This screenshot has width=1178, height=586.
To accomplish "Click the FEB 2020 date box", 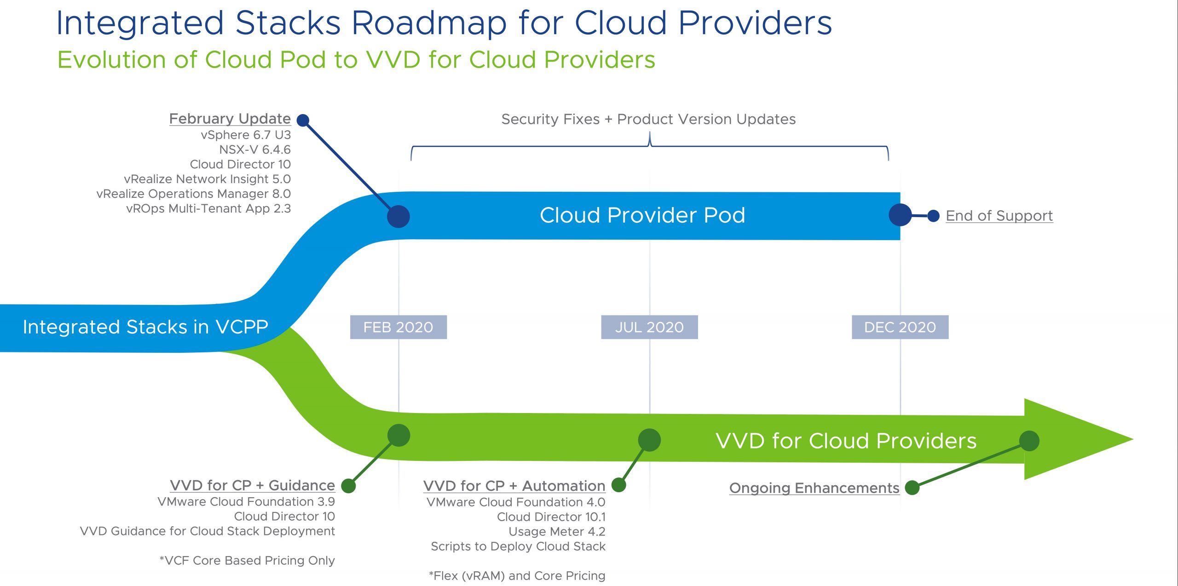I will pos(398,327).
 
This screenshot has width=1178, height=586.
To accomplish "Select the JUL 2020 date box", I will pos(649,327).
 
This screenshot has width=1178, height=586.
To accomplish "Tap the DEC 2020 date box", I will pos(900,327).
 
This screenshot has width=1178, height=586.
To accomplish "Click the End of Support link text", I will pos(999,216).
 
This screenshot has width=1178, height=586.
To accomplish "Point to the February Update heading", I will pos(230,119).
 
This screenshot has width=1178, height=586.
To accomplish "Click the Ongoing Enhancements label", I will pos(814,488).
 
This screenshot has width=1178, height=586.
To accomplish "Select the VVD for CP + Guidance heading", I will pos(252,486).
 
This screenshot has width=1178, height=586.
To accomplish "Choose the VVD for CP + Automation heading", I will pos(514,486).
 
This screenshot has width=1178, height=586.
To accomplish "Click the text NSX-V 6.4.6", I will pos(255,149).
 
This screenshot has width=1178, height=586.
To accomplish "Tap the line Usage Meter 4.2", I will pos(557,532).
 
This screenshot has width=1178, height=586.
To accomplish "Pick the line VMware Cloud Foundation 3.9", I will pos(246,502).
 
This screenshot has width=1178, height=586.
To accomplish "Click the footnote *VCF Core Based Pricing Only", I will pos(247,561).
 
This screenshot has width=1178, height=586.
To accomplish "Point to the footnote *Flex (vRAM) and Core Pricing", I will pos(517,576).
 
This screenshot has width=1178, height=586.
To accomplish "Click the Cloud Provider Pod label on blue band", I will pos(642,215).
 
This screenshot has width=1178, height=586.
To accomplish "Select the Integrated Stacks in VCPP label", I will pos(145,327).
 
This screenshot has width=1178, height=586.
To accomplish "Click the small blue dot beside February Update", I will pos(303,121).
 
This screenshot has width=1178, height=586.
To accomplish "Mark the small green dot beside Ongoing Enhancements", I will pos(912,488).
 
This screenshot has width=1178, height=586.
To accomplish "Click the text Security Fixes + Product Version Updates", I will pos(648,119).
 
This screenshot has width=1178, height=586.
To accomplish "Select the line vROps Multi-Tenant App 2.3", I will pos(208,208).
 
